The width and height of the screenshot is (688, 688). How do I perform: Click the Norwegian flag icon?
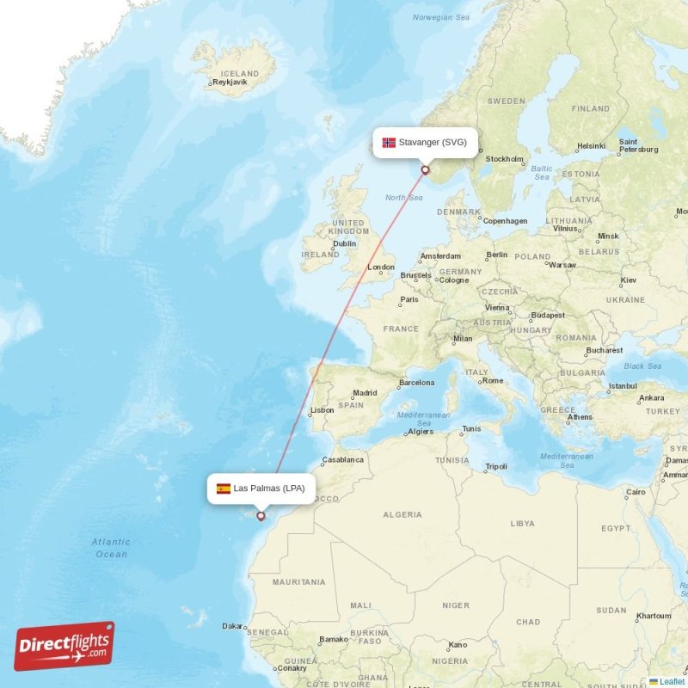pyautogui.click(x=389, y=142)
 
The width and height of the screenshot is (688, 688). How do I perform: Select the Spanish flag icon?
pyautogui.click(x=224, y=488)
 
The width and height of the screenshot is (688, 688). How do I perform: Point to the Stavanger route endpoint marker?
pyautogui.click(x=425, y=170)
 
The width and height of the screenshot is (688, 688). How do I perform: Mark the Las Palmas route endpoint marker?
pyautogui.click(x=261, y=517)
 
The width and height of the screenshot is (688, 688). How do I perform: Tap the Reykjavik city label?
pyautogui.click(x=229, y=83)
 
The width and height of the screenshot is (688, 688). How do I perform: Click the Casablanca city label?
pyautogui.click(x=342, y=459)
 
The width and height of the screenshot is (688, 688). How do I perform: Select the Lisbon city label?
pyautogui.click(x=322, y=410)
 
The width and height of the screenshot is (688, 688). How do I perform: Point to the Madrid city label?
pyautogui.click(x=365, y=393)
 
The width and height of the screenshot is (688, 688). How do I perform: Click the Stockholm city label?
pyautogui.click(x=504, y=159)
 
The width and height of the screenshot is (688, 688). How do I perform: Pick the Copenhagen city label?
pyautogui.click(x=504, y=221)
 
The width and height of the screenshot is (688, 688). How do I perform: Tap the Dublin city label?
pyautogui.click(x=344, y=243)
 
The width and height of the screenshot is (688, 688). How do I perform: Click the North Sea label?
pyautogui.click(x=403, y=198)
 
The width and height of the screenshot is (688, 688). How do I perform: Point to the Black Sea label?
pyautogui.click(x=642, y=365)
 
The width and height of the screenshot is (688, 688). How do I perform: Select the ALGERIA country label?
pyautogui.click(x=402, y=514)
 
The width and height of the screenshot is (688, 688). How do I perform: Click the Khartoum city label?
pyautogui.click(x=653, y=616)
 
